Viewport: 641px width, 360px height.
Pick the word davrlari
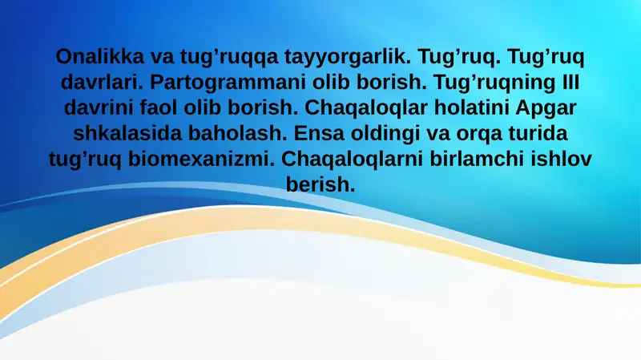click(101, 83)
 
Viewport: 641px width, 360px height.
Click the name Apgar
click(552, 108)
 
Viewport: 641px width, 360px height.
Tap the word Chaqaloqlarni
click(349, 159)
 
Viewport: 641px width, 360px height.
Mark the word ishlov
click(562, 159)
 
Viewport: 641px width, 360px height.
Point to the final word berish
click(320, 184)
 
